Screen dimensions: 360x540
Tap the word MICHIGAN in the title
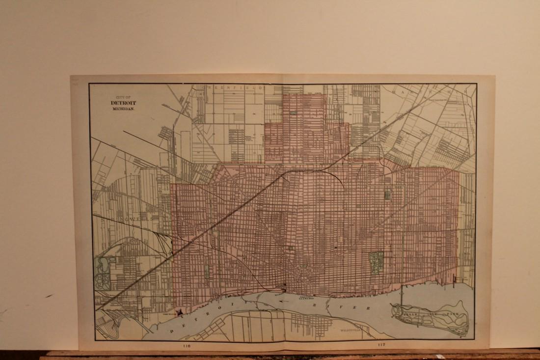tap(123, 109)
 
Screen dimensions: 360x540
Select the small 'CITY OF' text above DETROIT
tap(123, 97)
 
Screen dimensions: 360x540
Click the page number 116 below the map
tap(185, 346)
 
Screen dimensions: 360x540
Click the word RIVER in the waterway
tap(353, 306)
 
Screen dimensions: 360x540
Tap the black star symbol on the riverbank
tap(181, 310)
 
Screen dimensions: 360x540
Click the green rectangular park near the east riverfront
tap(376, 262)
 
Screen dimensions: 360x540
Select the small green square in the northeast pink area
tap(387, 194)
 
